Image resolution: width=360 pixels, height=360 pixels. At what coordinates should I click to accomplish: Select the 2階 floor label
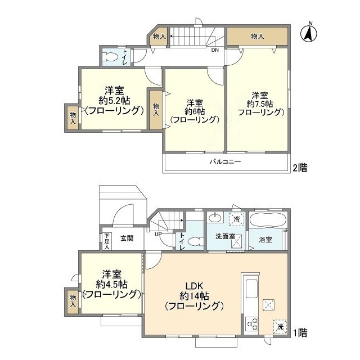(x=299, y=168)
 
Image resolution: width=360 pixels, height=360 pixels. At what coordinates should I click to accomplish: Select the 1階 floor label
(x=299, y=332)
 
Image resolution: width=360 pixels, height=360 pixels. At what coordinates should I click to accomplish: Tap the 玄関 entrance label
(x=126, y=238)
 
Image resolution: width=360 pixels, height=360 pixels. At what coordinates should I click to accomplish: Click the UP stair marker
(x=159, y=233)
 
